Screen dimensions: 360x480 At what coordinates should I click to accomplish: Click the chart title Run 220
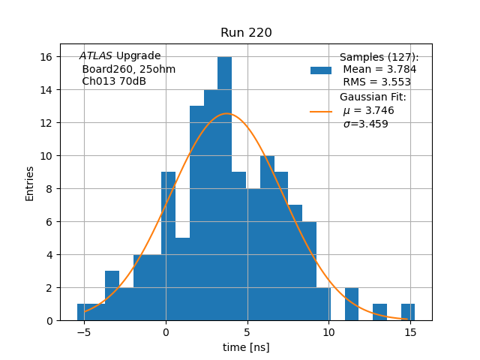click(x=246, y=33)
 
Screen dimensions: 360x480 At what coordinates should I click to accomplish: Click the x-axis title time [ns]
click(x=246, y=347)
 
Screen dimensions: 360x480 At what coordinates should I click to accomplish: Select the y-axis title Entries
click(x=30, y=183)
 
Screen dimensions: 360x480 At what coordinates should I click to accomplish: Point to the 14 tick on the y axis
click(x=46, y=90)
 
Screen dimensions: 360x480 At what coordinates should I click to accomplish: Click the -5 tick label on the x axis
click(x=84, y=332)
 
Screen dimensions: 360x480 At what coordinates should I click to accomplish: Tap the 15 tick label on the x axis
click(x=410, y=332)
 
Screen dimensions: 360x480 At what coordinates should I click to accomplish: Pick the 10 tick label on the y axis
click(x=46, y=156)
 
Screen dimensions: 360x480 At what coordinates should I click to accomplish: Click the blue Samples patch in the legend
click(x=321, y=70)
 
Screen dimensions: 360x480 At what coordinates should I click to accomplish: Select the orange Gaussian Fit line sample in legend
click(x=321, y=111)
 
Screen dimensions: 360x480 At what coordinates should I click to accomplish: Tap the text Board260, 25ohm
click(x=128, y=69)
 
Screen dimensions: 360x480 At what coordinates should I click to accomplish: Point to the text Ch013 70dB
click(x=114, y=82)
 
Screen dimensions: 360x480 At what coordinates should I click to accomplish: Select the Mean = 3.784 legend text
click(x=379, y=70)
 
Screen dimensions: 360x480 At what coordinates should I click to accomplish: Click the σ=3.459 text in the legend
click(x=366, y=124)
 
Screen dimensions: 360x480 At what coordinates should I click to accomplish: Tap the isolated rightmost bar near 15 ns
click(x=408, y=312)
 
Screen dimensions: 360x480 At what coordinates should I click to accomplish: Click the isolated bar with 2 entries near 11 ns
click(x=352, y=304)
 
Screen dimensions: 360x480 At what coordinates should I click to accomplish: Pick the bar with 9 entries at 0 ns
click(x=168, y=247)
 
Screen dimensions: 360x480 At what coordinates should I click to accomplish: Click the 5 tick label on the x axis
click(x=247, y=332)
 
